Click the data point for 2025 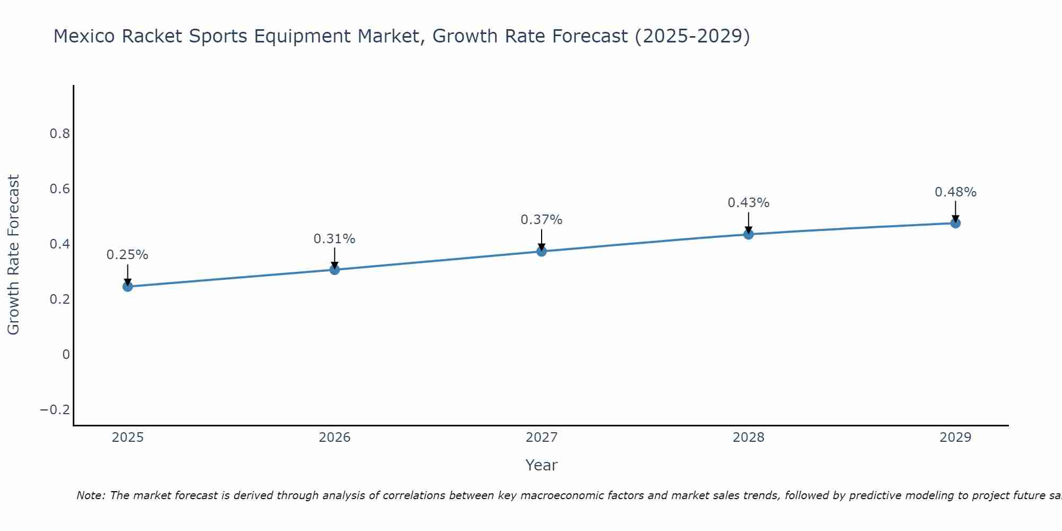127,287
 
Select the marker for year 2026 335,270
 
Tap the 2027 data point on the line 542,251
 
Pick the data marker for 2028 749,234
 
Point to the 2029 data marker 955,223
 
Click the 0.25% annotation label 127,255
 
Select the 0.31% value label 335,239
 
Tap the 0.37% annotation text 542,220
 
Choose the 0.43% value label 749,203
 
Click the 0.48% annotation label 955,192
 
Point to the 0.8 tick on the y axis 60,134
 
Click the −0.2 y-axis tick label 55,410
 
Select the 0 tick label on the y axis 66,355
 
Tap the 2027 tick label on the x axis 542,438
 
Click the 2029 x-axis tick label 955,438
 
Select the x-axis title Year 542,465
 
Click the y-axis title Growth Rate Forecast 14,255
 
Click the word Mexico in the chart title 84,37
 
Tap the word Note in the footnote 91,495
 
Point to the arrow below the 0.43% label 749,222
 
